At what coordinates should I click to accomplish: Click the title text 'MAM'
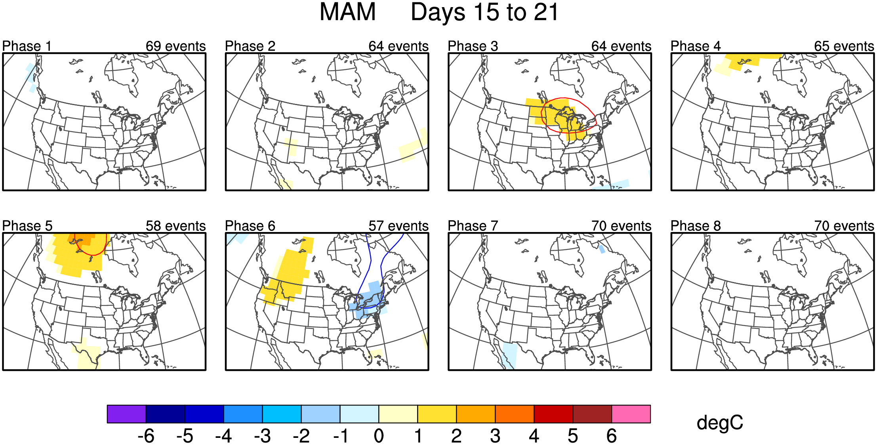coord(347,12)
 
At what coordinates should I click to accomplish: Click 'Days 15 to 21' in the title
coord(484,12)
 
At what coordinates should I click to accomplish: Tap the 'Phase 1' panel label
coord(27,46)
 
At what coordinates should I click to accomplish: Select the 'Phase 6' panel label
coord(250,226)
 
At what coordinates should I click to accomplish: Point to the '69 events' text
coord(175,46)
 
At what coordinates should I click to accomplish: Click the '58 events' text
coord(175,226)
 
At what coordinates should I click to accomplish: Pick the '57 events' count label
coord(398,226)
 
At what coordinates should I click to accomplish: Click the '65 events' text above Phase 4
coord(844,46)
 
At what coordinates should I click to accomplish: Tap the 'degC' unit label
coord(720,423)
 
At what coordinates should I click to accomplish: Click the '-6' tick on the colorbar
coord(146,436)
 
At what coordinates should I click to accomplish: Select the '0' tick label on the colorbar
coord(379,436)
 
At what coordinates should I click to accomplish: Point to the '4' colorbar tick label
coord(534,436)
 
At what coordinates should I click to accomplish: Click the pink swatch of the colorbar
coord(631,414)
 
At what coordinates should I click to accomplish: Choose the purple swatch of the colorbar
coord(126,414)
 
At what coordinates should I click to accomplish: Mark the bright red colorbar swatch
coord(553,414)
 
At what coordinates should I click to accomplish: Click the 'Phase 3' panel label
coord(473,46)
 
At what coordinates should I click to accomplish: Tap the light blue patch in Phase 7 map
coord(509,355)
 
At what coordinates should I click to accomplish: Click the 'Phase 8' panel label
coord(696,226)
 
